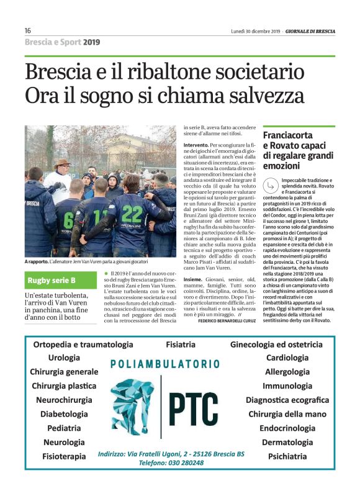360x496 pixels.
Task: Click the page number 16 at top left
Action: coord(28,30)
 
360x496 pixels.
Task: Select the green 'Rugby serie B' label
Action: coord(52,280)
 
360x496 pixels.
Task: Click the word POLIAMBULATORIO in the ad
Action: coord(164,364)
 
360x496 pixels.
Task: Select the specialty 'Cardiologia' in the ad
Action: coord(287,358)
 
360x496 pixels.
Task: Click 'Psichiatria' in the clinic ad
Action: coord(287,456)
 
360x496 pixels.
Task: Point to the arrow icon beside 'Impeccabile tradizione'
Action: coord(269,183)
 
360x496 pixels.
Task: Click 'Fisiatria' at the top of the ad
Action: coord(181,344)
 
